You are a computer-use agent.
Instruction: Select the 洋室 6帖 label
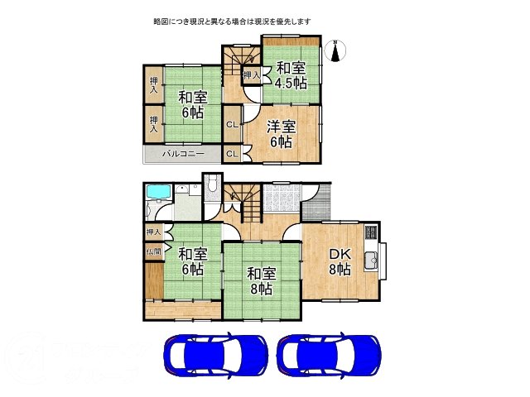[x=281, y=134]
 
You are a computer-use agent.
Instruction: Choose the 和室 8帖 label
[x=261, y=280]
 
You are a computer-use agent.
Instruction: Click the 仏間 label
[x=153, y=251]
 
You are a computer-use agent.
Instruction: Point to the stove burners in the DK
[x=371, y=233]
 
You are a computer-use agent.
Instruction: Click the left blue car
[x=214, y=356]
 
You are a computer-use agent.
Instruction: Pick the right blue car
[x=329, y=356]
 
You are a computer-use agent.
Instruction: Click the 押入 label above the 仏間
[x=153, y=232]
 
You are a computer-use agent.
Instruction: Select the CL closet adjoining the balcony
[x=233, y=154]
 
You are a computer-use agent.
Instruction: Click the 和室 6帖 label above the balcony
[x=190, y=103]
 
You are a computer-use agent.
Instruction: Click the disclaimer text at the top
[x=231, y=20]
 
